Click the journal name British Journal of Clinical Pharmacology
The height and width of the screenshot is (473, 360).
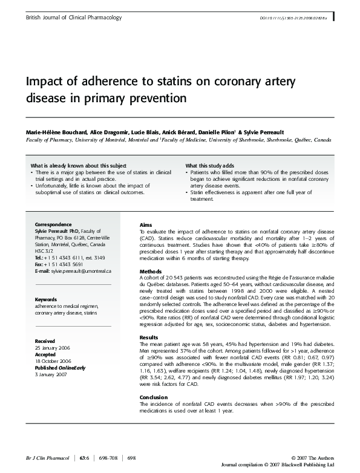pos(74,18)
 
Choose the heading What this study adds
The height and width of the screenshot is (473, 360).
pos(209,165)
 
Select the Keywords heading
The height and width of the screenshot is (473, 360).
pos(46,299)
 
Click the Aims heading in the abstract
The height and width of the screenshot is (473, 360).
pos(146,224)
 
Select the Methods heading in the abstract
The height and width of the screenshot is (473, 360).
pos(150,270)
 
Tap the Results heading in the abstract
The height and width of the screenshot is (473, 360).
pos(149,337)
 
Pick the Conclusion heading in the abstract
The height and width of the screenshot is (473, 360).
pos(154,397)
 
